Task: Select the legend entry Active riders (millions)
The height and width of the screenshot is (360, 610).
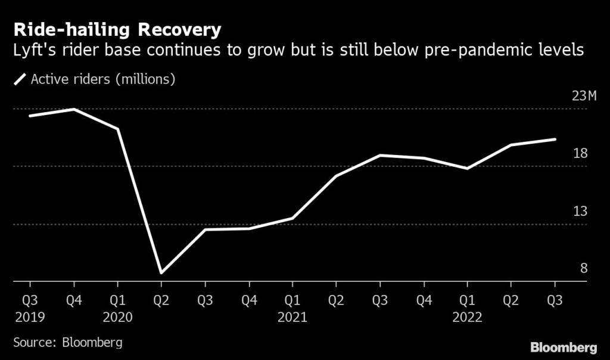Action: pos(102,79)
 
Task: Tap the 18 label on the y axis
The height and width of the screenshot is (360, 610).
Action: pos(580,154)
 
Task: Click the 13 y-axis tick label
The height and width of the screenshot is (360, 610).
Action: pos(580,211)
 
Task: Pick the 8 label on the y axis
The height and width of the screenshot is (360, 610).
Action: pos(584,268)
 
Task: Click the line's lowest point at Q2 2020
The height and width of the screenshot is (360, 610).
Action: pos(161,273)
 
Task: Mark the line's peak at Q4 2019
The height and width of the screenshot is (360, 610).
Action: pos(73,109)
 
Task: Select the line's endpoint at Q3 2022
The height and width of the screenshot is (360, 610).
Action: pos(555,139)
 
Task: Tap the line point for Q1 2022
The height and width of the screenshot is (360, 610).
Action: pos(468,168)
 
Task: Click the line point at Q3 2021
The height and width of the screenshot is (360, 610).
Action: pos(380,155)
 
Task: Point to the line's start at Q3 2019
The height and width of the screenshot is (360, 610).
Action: pos(30,115)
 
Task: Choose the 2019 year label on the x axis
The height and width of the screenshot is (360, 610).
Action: pos(29,317)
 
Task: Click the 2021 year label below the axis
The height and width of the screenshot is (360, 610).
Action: pos(292,317)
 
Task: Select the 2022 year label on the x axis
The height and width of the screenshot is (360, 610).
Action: pos(468,317)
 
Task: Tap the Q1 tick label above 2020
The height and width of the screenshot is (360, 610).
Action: pos(117,299)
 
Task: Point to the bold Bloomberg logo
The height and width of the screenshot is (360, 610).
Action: pos(563,347)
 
